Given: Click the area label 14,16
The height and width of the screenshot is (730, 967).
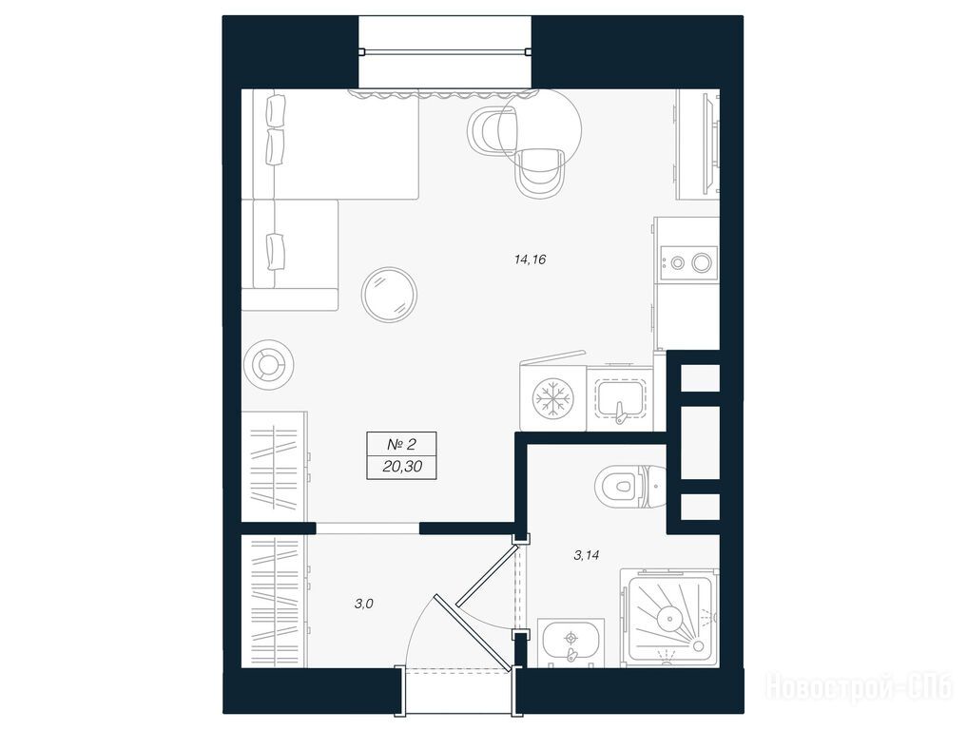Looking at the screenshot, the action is coord(530,259).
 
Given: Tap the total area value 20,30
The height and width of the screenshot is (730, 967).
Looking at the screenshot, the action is coord(402,467).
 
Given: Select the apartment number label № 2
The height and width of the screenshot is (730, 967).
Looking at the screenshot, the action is coord(401,443).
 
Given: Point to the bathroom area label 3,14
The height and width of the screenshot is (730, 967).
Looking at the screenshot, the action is coord(586,555).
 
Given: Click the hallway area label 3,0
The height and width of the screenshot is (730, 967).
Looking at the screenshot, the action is coord(364,604).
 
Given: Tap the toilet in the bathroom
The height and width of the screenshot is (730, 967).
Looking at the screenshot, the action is coord(630,487).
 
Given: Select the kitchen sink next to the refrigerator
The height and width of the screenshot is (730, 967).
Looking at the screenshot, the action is coord(620,401).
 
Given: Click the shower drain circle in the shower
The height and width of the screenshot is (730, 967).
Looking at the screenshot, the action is coord(667,617).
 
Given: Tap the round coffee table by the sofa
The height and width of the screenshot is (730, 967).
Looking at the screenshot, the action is coord(389,295).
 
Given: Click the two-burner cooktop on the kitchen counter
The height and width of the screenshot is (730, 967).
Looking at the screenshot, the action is coord(688,262).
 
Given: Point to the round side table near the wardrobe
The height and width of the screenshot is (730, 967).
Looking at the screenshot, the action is coord(268,364).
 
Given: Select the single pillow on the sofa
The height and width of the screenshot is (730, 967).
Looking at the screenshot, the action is coord(276,252).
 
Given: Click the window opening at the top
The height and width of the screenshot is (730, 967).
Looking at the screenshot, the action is coord(445,51).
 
